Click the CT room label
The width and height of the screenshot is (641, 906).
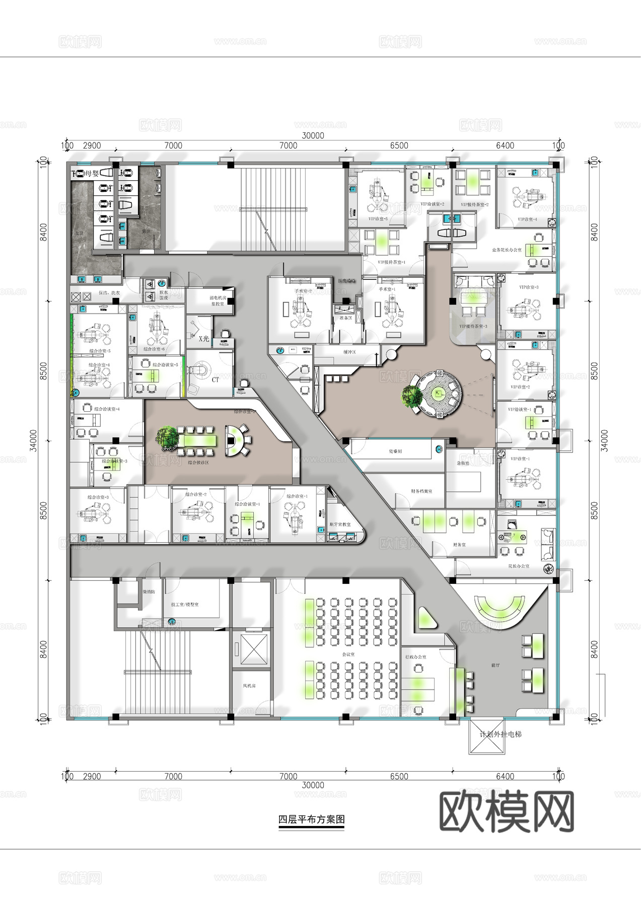(215, 380)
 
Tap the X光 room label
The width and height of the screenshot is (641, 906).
(203, 339)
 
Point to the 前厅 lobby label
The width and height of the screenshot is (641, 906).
(495, 665)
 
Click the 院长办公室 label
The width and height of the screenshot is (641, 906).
(519, 566)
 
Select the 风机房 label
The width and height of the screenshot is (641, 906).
(250, 686)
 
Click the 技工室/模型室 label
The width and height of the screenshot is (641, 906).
(185, 604)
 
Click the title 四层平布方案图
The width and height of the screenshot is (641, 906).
(311, 819)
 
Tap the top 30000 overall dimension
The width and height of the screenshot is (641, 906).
(313, 135)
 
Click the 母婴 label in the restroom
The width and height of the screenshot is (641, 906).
(91, 174)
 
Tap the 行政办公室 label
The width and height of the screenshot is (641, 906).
(415, 657)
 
